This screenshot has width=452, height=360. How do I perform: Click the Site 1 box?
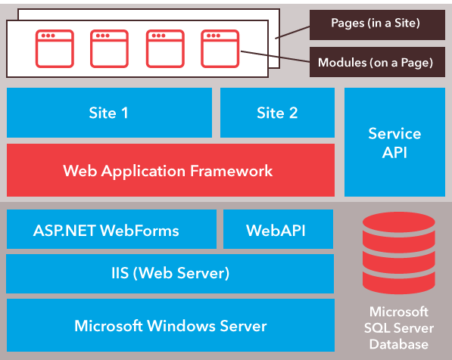pos(109,113)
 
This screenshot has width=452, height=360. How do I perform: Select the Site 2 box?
pos(277,113)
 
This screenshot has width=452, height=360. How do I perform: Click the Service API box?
pos(394,142)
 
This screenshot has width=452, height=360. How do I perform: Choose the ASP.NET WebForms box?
pos(106,230)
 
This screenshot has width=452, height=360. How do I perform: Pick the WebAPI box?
pos(276,230)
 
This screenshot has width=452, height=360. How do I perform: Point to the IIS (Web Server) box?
pos(170,273)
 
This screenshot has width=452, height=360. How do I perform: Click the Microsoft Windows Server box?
pos(170,326)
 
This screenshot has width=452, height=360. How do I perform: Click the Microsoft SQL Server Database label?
pos(398,327)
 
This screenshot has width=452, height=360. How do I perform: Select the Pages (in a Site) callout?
pos(376,23)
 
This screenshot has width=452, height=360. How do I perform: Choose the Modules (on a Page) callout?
pos(376,62)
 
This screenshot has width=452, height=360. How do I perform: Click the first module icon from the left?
pos(55,48)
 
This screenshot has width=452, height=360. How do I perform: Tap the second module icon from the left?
pos(109,48)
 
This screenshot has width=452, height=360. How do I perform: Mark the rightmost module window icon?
pos(220,48)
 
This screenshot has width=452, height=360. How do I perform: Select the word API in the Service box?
pos(394,152)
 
